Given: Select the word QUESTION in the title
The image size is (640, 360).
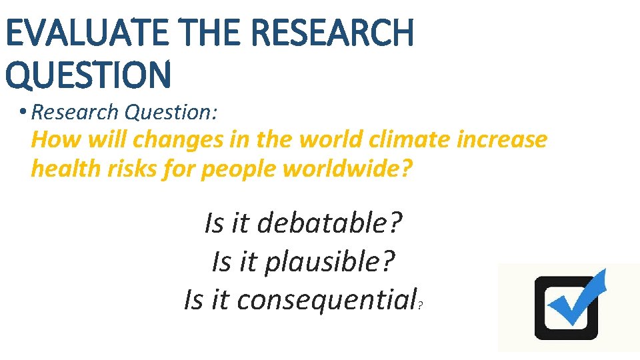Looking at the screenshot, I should [x=88, y=74].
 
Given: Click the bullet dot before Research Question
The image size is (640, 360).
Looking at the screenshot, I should [x=23, y=112].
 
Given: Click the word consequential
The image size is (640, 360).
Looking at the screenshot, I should [x=326, y=299].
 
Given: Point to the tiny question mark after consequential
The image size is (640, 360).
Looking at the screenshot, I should [x=421, y=306].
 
